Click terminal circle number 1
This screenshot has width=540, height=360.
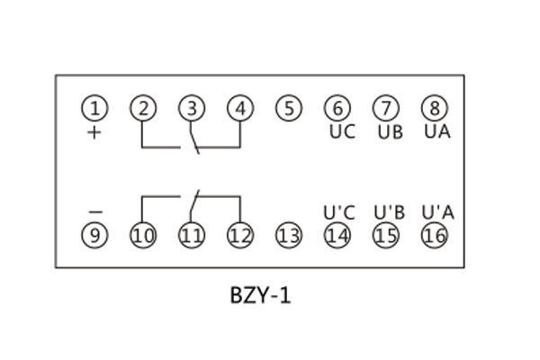(x=94, y=109)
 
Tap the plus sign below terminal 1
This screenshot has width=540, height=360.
(x=94, y=131)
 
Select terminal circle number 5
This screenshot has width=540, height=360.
(x=288, y=109)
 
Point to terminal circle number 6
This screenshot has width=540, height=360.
(x=337, y=109)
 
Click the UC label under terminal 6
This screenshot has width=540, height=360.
(x=342, y=131)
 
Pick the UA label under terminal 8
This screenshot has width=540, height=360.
(x=438, y=131)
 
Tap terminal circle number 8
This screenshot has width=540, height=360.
(x=434, y=109)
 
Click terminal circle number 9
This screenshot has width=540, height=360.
(x=94, y=236)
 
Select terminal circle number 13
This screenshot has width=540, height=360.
(x=288, y=236)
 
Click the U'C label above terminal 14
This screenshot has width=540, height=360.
(x=339, y=213)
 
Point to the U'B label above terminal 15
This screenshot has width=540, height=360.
(x=389, y=213)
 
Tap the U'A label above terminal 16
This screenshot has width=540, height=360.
(x=437, y=213)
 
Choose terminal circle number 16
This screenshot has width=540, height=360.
(x=434, y=236)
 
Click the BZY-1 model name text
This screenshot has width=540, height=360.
(x=260, y=295)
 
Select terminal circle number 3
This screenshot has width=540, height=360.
(x=192, y=109)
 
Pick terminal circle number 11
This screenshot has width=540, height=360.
(x=192, y=236)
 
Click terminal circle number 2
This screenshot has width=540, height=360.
(x=143, y=109)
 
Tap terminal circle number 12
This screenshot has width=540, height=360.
(x=239, y=236)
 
